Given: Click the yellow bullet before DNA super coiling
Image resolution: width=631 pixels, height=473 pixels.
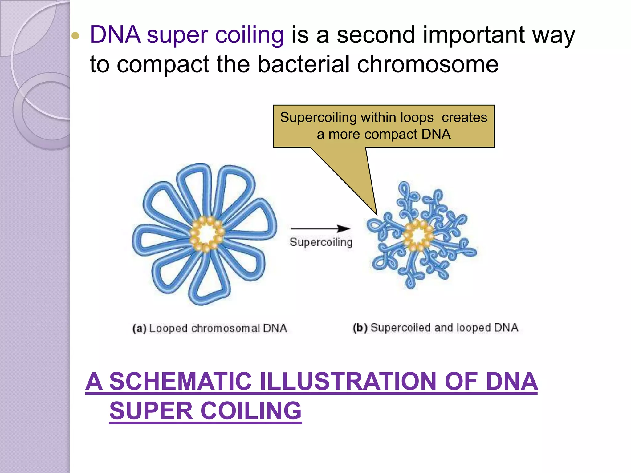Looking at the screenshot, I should [x=75, y=36].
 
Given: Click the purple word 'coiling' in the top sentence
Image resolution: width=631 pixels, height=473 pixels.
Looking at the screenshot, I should [x=249, y=35].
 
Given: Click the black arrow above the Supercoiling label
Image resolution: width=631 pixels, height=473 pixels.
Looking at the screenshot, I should [x=320, y=229].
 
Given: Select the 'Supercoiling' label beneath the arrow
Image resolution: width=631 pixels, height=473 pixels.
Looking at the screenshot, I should [x=321, y=242].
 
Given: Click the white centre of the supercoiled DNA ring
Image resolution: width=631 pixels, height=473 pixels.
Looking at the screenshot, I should [x=418, y=236].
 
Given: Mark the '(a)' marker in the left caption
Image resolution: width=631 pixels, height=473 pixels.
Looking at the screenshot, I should [x=139, y=328].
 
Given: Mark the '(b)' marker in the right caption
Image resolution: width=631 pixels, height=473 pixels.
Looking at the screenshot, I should [x=360, y=328].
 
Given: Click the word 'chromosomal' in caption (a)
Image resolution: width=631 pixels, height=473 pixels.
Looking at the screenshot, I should [x=226, y=328].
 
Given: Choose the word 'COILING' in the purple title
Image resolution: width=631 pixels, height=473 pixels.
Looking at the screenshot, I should [x=251, y=411].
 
